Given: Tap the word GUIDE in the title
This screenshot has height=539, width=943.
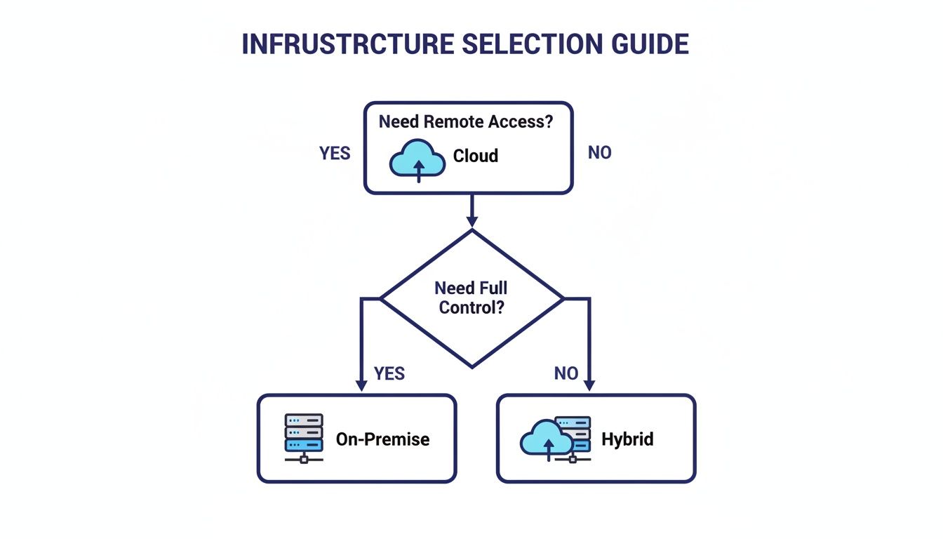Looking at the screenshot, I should click(x=649, y=44).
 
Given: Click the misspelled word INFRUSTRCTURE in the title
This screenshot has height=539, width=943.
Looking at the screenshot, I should click(x=347, y=44).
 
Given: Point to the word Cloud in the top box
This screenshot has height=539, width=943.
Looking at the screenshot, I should click(x=476, y=156).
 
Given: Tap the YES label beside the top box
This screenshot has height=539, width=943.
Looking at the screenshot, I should click(x=335, y=154).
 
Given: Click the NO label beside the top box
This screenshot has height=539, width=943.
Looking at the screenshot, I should click(x=599, y=152).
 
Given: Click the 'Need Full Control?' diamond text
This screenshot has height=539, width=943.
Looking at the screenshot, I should click(x=471, y=298).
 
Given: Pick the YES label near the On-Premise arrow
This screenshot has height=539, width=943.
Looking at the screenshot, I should click(x=389, y=373).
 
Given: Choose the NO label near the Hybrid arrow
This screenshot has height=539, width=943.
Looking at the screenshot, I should click(x=566, y=373).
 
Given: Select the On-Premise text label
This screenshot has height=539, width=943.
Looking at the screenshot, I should click(x=382, y=439).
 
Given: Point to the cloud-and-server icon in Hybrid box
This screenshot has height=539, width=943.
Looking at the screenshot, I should click(x=556, y=439).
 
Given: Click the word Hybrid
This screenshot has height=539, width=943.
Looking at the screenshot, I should click(x=627, y=439).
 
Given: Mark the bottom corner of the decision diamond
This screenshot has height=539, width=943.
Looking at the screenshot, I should click(x=471, y=366).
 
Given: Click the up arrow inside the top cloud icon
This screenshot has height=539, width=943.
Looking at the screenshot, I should click(x=419, y=170).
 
